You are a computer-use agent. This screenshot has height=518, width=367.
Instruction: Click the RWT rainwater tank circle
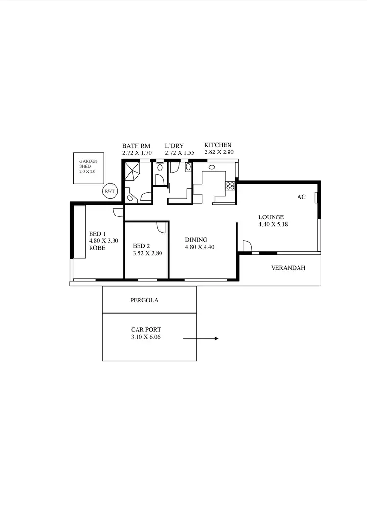pos(110,191)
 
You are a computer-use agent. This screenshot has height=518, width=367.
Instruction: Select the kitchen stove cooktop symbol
pos(229,186)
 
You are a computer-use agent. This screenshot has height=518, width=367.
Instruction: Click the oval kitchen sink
pos(212,167)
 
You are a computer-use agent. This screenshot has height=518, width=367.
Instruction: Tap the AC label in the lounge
pos(301,197)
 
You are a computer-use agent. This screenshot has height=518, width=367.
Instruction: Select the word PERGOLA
pos(144,300)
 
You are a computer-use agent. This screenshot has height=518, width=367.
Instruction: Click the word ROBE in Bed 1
pos(97,248)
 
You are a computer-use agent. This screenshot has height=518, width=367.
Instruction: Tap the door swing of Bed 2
pos(161,228)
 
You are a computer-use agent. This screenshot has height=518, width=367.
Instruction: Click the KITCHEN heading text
pos(218,145)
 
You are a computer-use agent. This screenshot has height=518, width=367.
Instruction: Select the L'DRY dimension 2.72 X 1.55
pos(180,153)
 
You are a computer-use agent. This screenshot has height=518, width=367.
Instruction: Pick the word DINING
pos(196,240)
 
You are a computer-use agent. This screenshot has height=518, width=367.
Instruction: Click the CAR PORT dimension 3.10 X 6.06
pos(146,337)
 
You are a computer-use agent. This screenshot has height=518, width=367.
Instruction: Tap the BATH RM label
pos(136,146)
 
